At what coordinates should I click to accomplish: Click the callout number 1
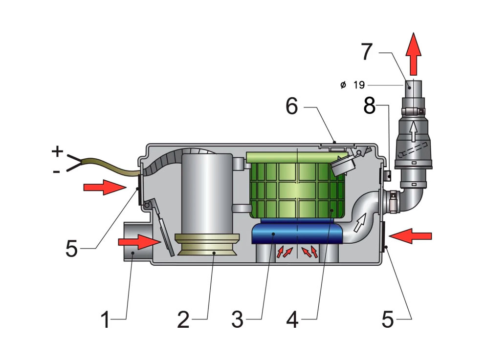coord(106,319)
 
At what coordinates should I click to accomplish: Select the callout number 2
coord(183,319)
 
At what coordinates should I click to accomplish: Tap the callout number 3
coord(237,319)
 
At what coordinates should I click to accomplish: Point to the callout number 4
coord(292,319)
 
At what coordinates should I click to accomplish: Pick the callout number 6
coord(292,106)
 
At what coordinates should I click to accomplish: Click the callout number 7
coord(367,52)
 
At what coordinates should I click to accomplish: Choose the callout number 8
coord(369,106)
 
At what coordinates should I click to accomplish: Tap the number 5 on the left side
coord(71,248)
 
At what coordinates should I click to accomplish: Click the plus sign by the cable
coord(57,151)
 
